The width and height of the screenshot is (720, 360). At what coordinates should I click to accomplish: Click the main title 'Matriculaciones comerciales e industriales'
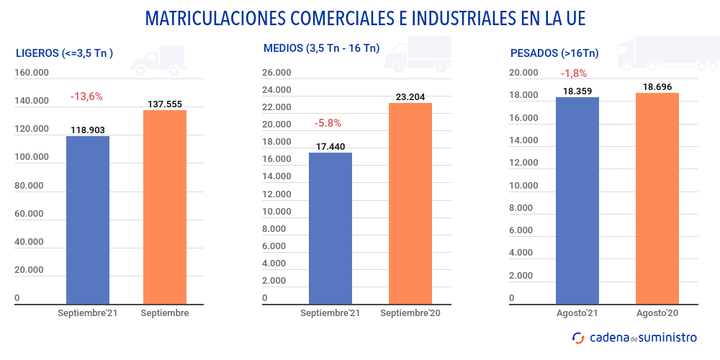[360, 18]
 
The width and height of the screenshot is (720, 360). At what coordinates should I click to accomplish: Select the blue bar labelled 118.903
[88, 220]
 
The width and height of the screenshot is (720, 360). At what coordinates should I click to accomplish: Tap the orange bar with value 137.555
[165, 207]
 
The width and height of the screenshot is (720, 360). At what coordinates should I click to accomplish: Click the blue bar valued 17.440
[330, 228]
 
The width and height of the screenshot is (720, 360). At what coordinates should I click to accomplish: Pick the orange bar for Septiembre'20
[410, 204]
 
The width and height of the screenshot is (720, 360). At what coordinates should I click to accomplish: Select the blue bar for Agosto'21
[577, 200]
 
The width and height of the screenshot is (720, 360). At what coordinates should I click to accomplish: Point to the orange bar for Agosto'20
[657, 198]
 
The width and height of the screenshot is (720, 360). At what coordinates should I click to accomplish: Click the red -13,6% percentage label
[86, 96]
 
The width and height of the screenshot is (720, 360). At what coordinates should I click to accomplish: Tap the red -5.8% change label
[328, 123]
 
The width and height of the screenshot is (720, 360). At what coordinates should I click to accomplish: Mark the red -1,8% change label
[574, 73]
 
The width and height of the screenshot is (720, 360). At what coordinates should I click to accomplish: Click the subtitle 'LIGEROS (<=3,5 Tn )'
[64, 53]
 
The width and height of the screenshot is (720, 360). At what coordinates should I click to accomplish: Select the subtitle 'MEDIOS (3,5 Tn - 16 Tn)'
[321, 49]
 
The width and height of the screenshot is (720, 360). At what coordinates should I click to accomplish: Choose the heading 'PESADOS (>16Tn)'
[554, 53]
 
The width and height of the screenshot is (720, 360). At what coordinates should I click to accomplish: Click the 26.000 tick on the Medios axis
[276, 73]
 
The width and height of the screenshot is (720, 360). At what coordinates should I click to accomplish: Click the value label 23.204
[410, 96]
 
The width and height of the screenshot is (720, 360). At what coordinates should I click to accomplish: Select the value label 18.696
[657, 86]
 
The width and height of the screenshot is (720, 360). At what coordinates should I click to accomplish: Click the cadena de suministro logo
[634, 337]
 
